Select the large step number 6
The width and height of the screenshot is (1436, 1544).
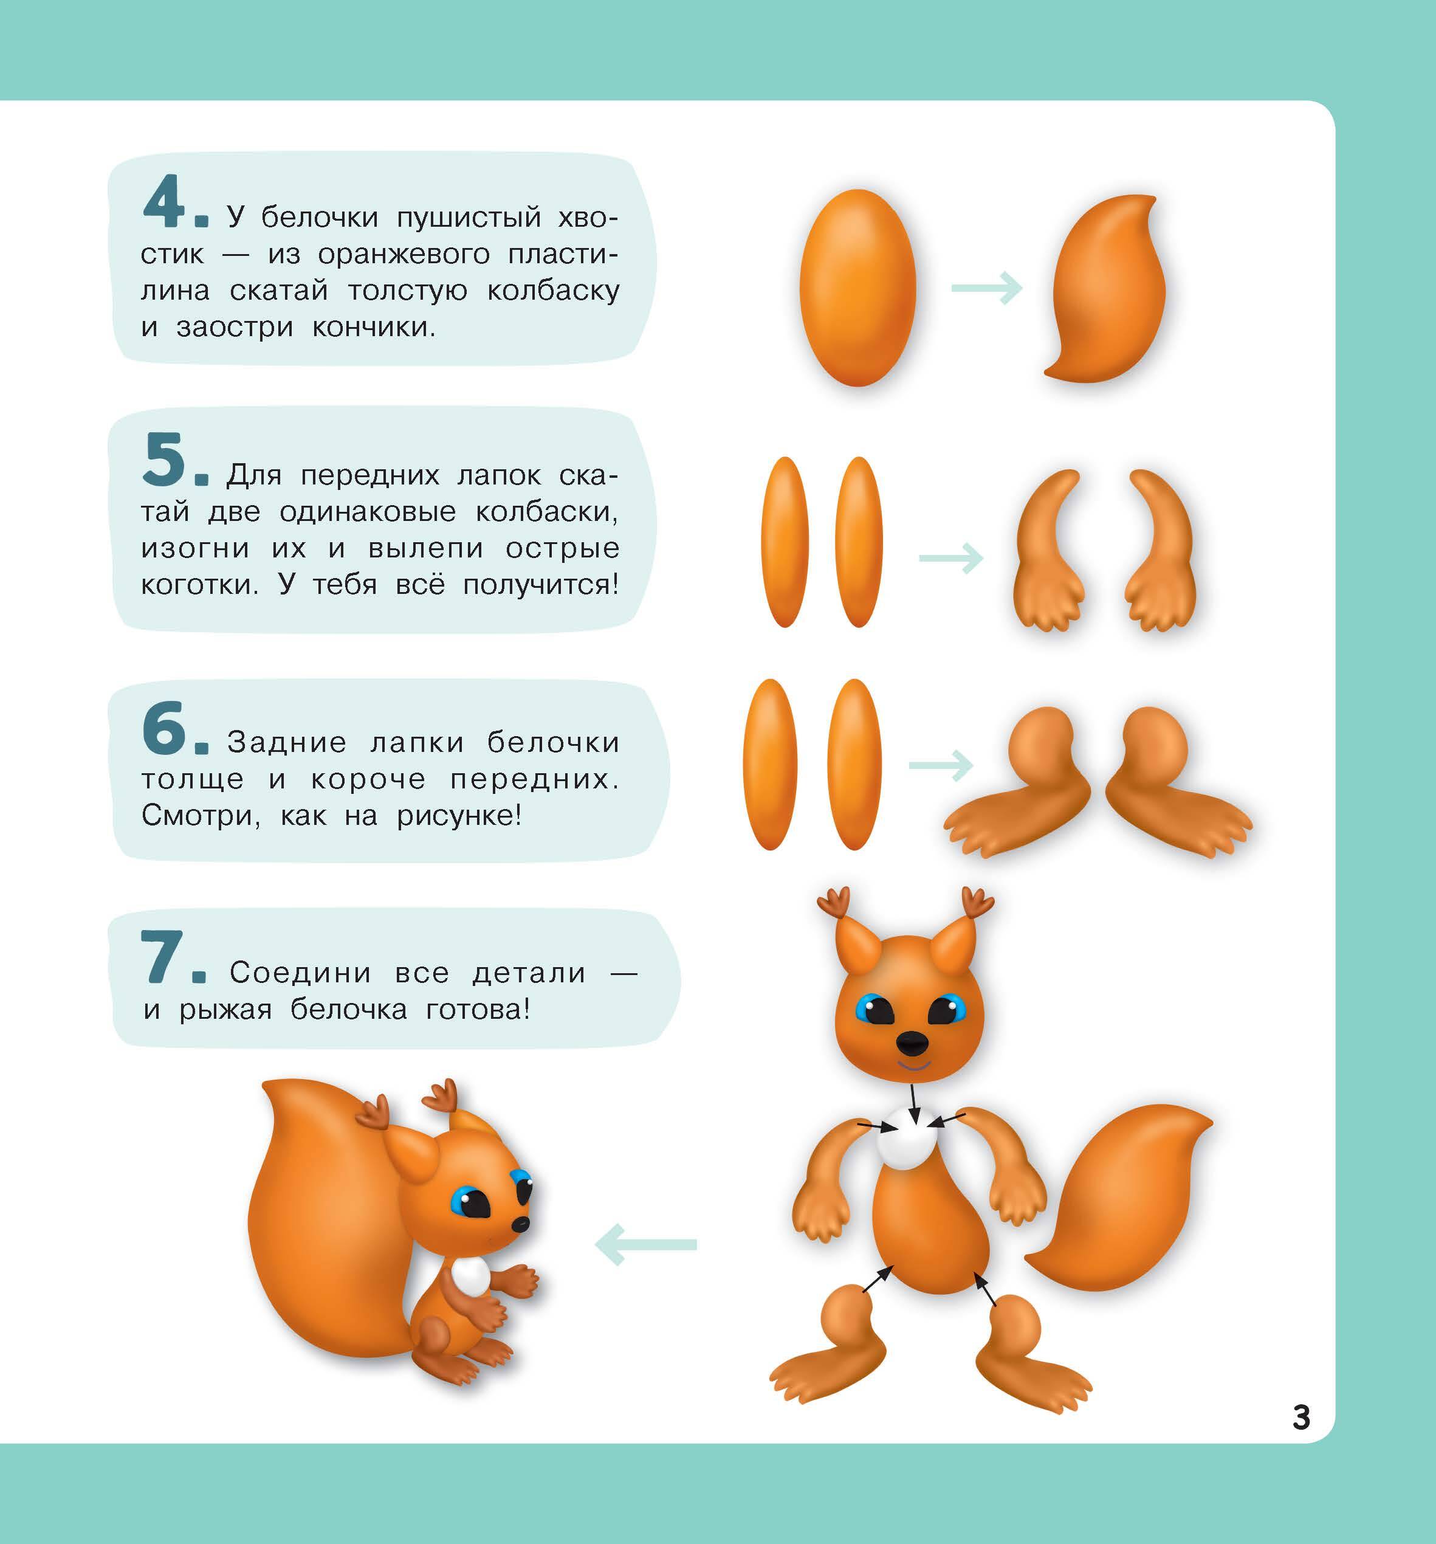pyautogui.click(x=165, y=727)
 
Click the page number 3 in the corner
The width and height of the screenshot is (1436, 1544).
pyautogui.click(x=1302, y=1418)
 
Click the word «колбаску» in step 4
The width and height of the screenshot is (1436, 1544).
pyautogui.click(x=553, y=291)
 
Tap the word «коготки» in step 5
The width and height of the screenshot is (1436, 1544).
pyautogui.click(x=199, y=585)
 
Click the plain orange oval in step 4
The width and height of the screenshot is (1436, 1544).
pyautogui.click(x=857, y=288)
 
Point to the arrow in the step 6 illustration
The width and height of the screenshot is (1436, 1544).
pyautogui.click(x=941, y=766)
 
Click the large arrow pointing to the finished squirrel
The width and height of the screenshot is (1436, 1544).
pyautogui.click(x=645, y=1244)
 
